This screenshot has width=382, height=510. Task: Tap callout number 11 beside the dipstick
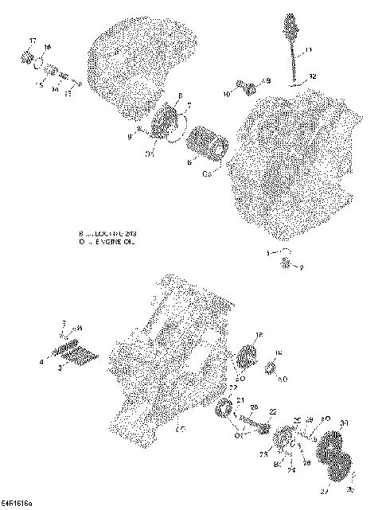tap(309, 50)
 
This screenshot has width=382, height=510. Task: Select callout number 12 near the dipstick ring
tap(312, 76)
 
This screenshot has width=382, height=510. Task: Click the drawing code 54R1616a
tap(18, 504)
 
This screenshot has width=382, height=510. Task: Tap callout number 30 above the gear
tap(344, 422)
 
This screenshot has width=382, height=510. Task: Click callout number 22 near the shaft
tap(272, 412)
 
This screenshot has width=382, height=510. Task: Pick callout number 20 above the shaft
tap(253, 406)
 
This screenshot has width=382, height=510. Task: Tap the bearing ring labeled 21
tap(225, 411)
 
